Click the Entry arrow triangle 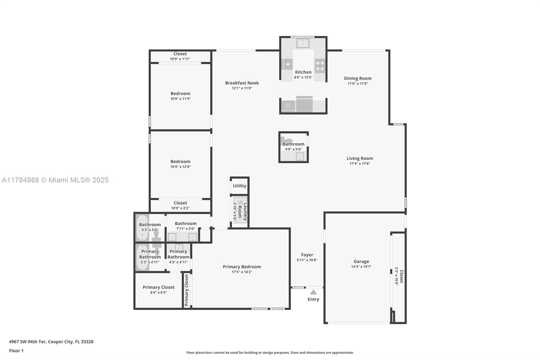[x=313, y=292]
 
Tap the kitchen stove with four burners [x=320, y=66]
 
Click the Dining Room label [x=357, y=78]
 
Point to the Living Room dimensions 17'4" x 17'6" [x=360, y=163]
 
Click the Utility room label [x=239, y=186]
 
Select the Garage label [x=361, y=261]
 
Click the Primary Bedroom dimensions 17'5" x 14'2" [x=242, y=272]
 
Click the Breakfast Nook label [x=242, y=83]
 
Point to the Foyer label [x=307, y=255]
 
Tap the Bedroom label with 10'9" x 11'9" [x=180, y=94]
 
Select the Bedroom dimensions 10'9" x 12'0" [x=180, y=167]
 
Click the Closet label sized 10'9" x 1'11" [x=180, y=54]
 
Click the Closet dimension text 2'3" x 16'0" [x=397, y=276]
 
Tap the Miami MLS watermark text [x=55, y=180]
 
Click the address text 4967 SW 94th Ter [x=27, y=342]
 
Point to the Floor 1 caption [x=16, y=351]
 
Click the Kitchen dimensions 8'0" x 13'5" [x=303, y=77]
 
